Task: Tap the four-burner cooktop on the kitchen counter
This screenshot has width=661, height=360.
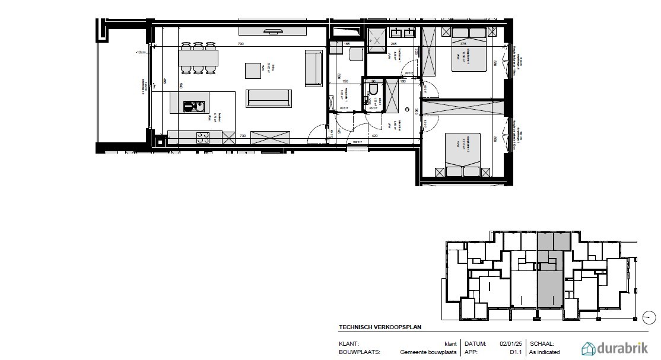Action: click(x=203, y=138)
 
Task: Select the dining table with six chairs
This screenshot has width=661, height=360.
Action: click(x=198, y=58)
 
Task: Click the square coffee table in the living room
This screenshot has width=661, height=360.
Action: click(x=253, y=70)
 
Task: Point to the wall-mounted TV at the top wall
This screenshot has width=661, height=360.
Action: click(x=273, y=30)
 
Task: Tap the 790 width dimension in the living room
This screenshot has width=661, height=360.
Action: click(x=241, y=44)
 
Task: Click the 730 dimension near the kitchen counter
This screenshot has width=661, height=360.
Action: click(x=242, y=136)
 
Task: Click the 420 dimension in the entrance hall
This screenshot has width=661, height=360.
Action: click(x=375, y=136)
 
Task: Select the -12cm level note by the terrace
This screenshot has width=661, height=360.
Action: click(x=140, y=53)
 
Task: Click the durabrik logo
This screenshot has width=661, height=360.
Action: click(x=618, y=348)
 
